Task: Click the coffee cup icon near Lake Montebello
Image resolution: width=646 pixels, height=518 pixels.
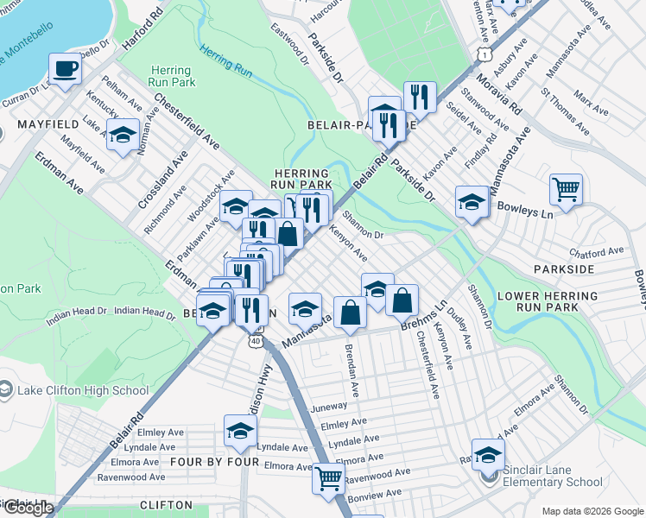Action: tap(65, 68)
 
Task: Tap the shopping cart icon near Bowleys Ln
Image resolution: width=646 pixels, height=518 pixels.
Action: tap(566, 188)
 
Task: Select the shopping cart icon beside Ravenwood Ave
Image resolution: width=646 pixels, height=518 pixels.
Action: tap(328, 477)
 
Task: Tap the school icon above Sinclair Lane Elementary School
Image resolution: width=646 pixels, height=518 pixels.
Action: tap(488, 454)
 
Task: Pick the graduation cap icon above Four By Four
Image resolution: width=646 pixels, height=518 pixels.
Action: tap(240, 431)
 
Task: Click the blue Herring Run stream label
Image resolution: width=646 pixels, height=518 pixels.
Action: tap(225, 61)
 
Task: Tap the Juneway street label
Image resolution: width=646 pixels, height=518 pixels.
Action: tap(332, 406)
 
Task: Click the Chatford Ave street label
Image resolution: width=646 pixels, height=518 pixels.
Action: tap(596, 252)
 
